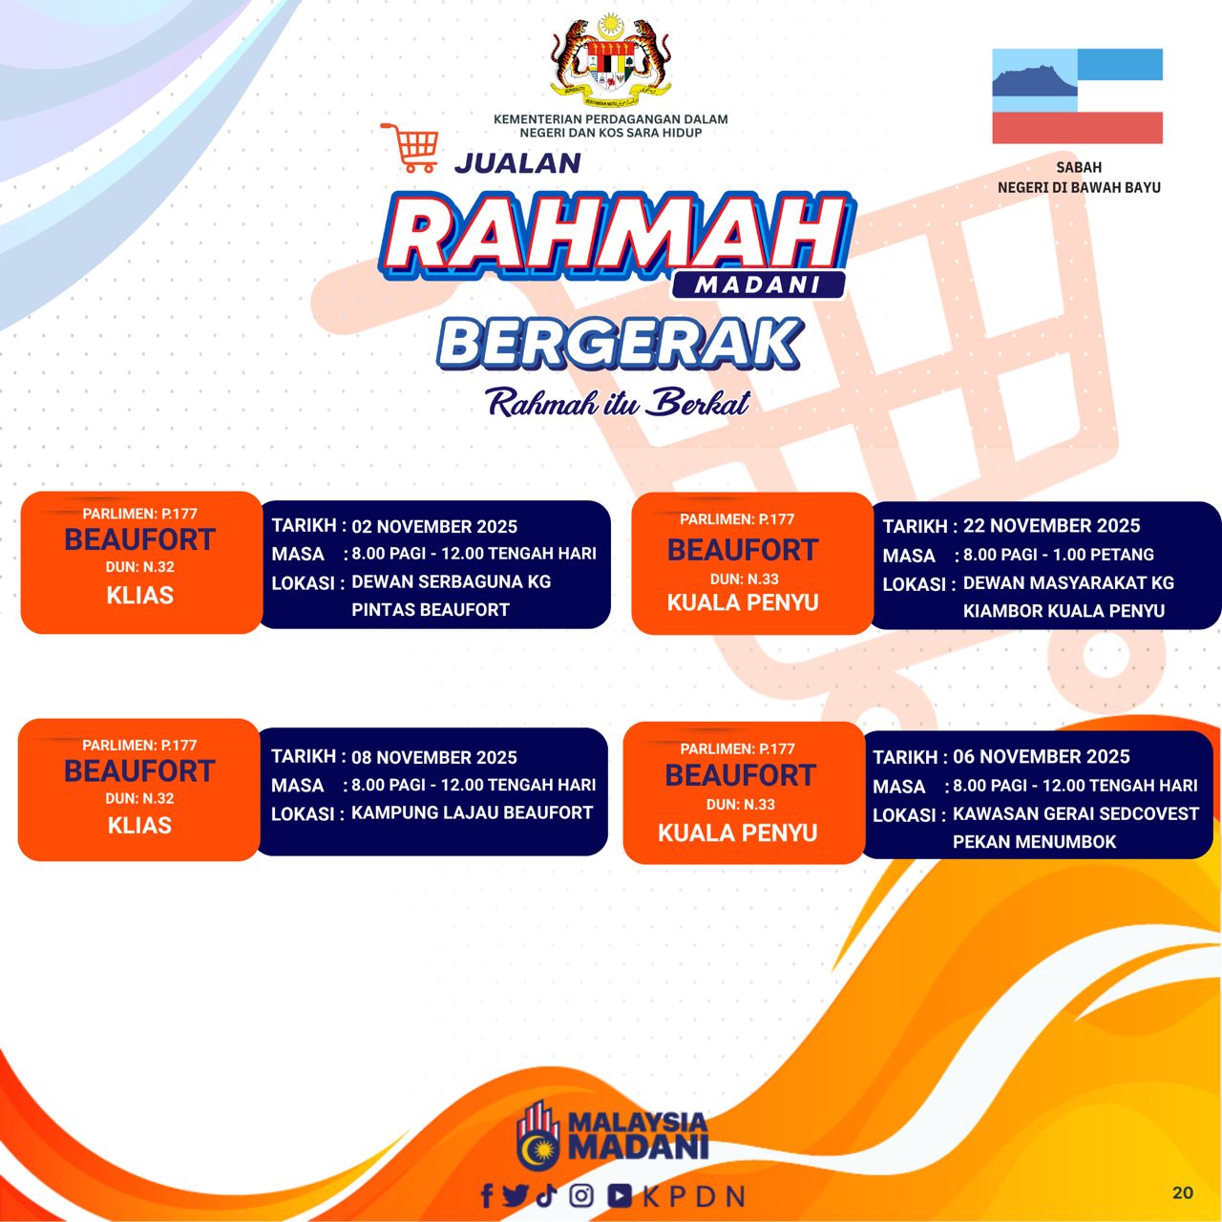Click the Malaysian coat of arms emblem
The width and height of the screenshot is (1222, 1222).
click(x=611, y=60)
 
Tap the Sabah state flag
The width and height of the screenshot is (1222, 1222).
click(x=1077, y=95)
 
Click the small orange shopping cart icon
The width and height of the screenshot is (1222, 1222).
click(x=411, y=148)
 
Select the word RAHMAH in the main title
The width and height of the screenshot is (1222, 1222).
click(x=617, y=236)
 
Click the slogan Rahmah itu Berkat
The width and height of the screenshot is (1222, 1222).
click(x=618, y=403)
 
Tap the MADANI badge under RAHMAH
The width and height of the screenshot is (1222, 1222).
click(x=758, y=284)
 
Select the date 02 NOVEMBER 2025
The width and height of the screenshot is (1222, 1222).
click(x=434, y=526)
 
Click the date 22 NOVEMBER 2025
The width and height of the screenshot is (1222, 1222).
click(x=1051, y=526)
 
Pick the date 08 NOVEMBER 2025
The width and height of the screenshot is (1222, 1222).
click(x=434, y=757)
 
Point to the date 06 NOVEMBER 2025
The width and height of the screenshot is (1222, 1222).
click(x=1042, y=756)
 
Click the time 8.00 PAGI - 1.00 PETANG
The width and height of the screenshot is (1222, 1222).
click(x=1059, y=555)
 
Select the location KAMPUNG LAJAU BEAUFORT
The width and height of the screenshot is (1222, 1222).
click(x=472, y=812)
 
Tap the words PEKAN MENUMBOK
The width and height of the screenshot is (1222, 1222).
click(x=1034, y=841)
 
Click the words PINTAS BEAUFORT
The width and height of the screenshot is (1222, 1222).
click(x=431, y=609)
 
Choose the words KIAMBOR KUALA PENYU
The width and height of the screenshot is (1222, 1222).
click(x=1064, y=611)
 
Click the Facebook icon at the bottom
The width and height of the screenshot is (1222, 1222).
click(x=487, y=1195)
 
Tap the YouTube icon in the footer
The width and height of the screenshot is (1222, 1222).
click(x=620, y=1195)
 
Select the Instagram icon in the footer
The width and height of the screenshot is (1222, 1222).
click(x=580, y=1195)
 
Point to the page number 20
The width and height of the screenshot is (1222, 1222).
click(x=1183, y=1192)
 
